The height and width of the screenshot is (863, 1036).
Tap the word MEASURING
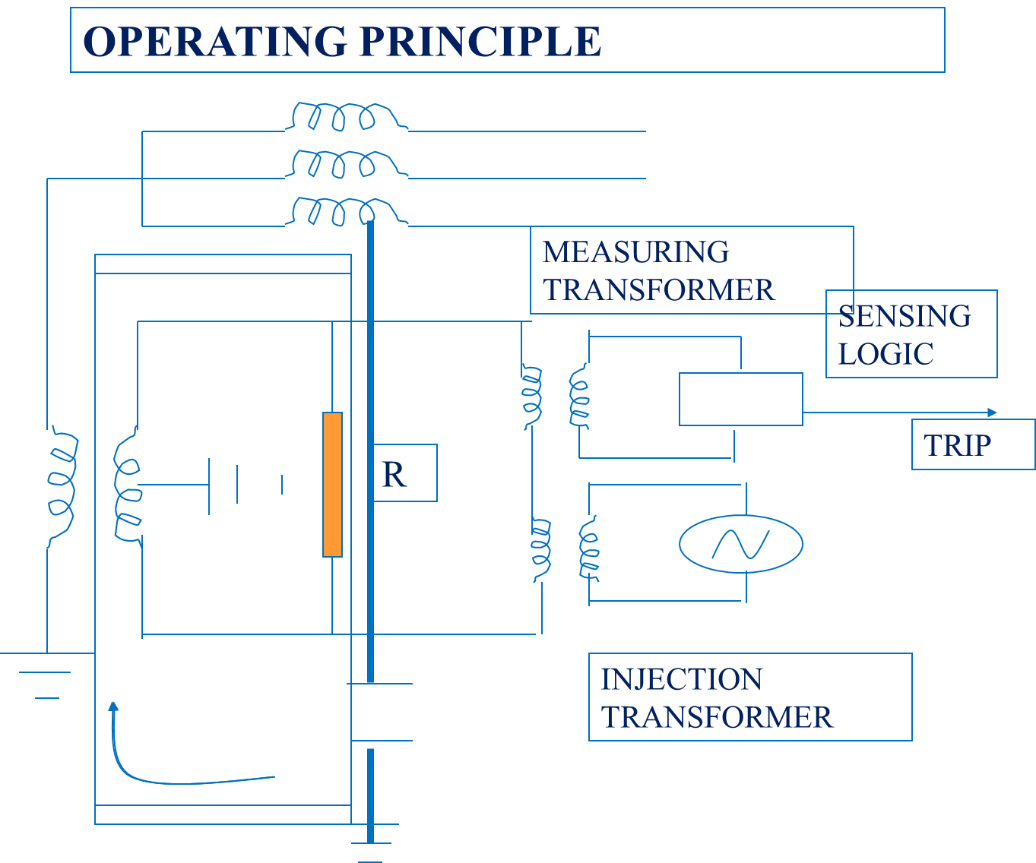(636, 252)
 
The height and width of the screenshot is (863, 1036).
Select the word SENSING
(905, 316)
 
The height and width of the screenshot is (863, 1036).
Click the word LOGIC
(886, 354)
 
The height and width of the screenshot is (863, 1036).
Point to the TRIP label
(958, 445)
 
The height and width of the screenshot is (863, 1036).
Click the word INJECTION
(682, 679)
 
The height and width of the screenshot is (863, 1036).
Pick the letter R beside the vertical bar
(394, 475)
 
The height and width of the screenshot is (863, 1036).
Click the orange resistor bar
(332, 485)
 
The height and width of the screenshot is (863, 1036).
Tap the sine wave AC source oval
(741, 543)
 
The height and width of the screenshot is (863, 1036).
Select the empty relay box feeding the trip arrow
(741, 399)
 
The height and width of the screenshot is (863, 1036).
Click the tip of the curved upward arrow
(114, 705)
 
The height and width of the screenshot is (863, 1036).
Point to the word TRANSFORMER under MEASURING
(659, 290)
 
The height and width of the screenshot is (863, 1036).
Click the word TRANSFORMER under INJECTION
(718, 717)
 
